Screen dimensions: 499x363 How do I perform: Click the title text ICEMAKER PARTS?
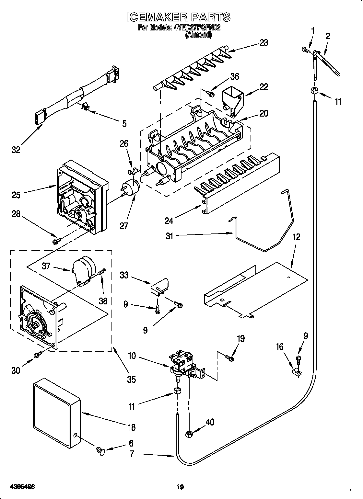pyautogui.click(x=178, y=17)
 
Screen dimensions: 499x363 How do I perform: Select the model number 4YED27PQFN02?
pyautogui.click(x=197, y=28)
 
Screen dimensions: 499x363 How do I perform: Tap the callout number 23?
pyautogui.click(x=264, y=43)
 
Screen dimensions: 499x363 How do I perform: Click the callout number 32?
pyautogui.click(x=16, y=150)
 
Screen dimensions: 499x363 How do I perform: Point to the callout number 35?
pyautogui.click(x=131, y=379)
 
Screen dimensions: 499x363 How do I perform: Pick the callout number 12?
pyautogui.click(x=296, y=237)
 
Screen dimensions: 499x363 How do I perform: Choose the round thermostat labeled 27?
pyautogui.click(x=131, y=189)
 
